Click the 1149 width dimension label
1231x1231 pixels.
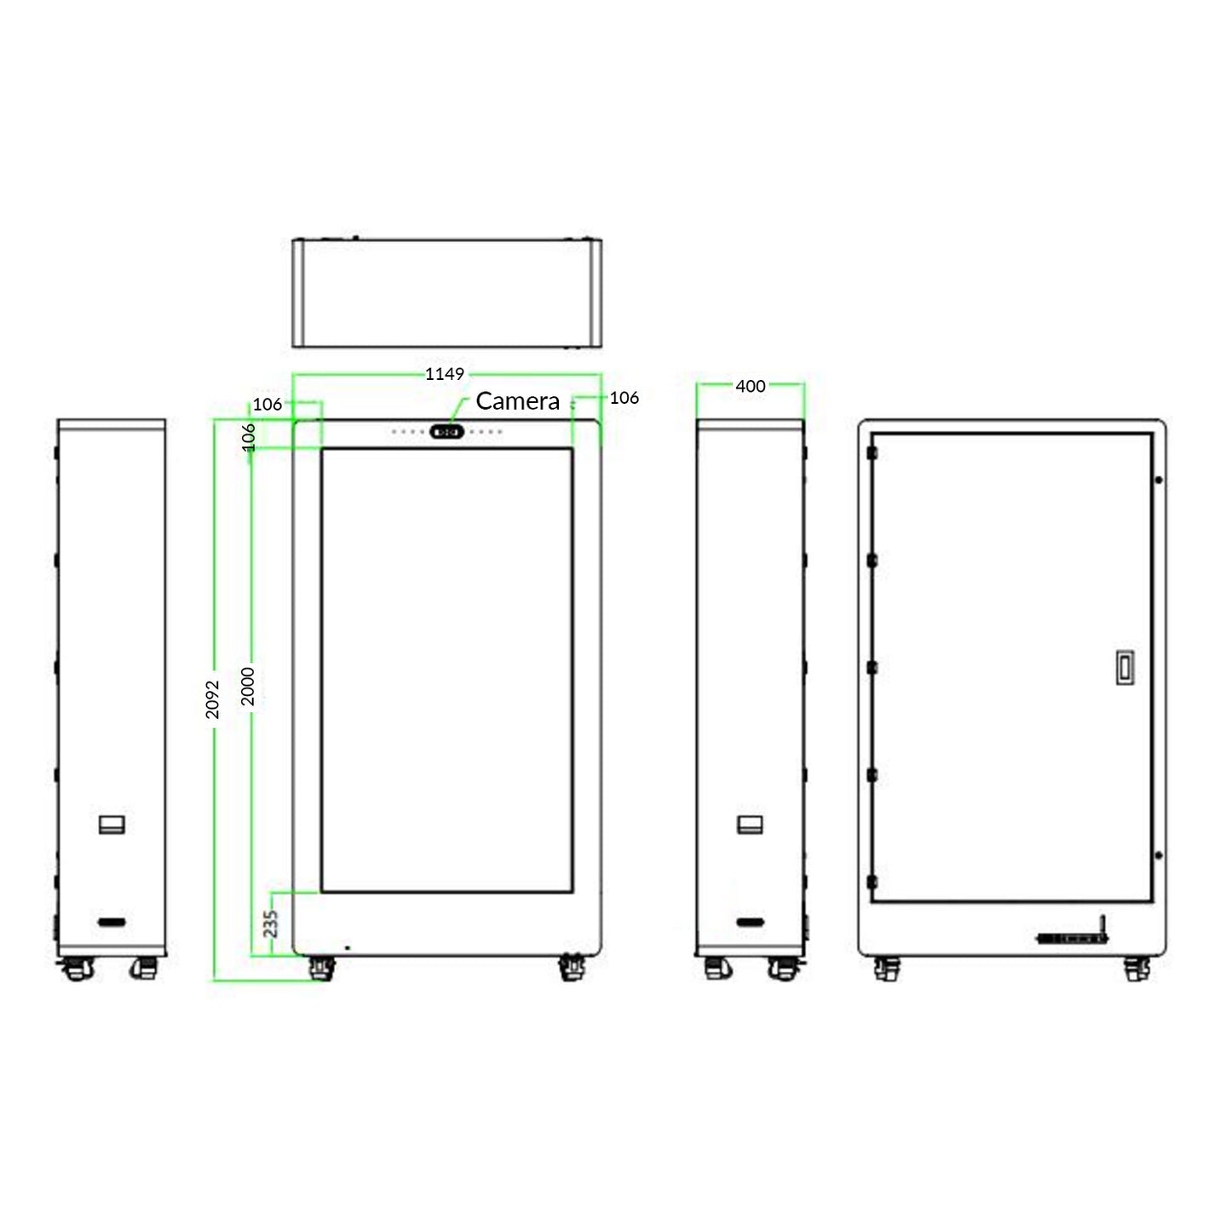(x=445, y=374)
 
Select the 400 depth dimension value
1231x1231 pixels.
(x=750, y=386)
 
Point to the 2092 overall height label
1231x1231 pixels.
(x=213, y=699)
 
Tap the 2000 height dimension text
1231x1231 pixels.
(x=248, y=686)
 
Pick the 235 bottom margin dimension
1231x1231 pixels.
(x=271, y=923)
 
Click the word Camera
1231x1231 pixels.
(x=517, y=401)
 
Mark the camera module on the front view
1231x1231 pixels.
(x=447, y=432)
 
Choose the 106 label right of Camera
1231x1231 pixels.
(x=624, y=398)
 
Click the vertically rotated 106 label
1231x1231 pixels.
(x=249, y=436)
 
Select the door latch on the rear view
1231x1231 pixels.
(x=1125, y=667)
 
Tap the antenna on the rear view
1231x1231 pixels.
(x=1101, y=926)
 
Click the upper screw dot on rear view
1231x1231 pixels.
(x=1159, y=480)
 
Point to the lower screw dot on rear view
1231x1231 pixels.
(x=1159, y=855)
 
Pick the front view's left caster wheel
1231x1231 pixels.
(x=320, y=969)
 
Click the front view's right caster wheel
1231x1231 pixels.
(x=572, y=969)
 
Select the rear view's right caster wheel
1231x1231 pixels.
(x=1136, y=969)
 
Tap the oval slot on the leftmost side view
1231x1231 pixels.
(x=112, y=922)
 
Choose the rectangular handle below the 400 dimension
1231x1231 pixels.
(x=750, y=824)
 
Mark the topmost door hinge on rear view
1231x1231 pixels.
(x=871, y=453)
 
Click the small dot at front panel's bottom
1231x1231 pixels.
(x=347, y=947)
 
